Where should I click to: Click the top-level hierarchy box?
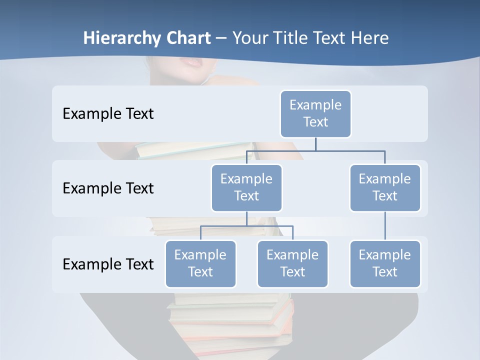click(315, 113)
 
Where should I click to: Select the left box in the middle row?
click(246, 187)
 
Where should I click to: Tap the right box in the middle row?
click(385, 187)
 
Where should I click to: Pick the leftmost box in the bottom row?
click(200, 263)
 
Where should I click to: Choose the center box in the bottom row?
click(292, 263)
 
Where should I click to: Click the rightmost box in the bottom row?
click(385, 263)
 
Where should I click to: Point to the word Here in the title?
click(368, 38)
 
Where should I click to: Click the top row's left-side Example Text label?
click(108, 114)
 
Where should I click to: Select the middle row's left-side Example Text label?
click(108, 188)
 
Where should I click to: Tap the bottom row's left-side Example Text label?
click(108, 264)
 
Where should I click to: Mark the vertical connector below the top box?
click(315, 144)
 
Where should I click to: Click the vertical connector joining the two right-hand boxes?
click(385, 225)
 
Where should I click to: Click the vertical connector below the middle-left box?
click(246, 218)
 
